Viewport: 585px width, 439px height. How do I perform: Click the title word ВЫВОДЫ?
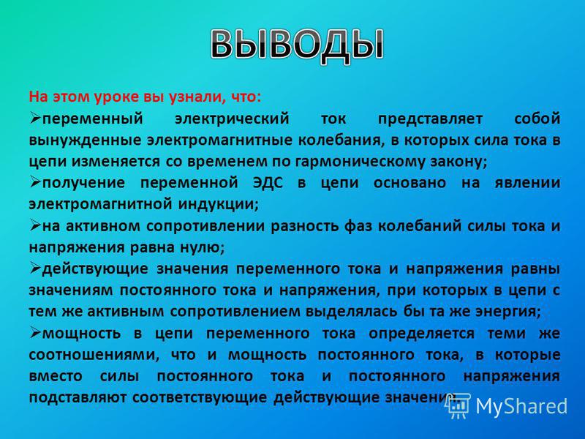tap(298, 45)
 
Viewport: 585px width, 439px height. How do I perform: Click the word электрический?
tap(232, 119)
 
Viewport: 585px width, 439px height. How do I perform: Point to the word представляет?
tap(430, 119)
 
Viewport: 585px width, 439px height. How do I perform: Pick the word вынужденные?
tap(85, 140)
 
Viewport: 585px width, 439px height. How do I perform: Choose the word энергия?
tap(508, 312)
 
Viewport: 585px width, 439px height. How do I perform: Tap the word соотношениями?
tap(94, 355)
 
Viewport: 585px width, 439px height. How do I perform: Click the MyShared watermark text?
tap(521, 405)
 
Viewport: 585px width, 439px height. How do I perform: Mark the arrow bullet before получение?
tap(34, 182)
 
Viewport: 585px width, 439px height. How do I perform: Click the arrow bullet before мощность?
tap(34, 332)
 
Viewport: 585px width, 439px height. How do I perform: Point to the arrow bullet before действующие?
tap(34, 268)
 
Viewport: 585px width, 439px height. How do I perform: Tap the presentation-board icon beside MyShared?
tap(458, 406)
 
